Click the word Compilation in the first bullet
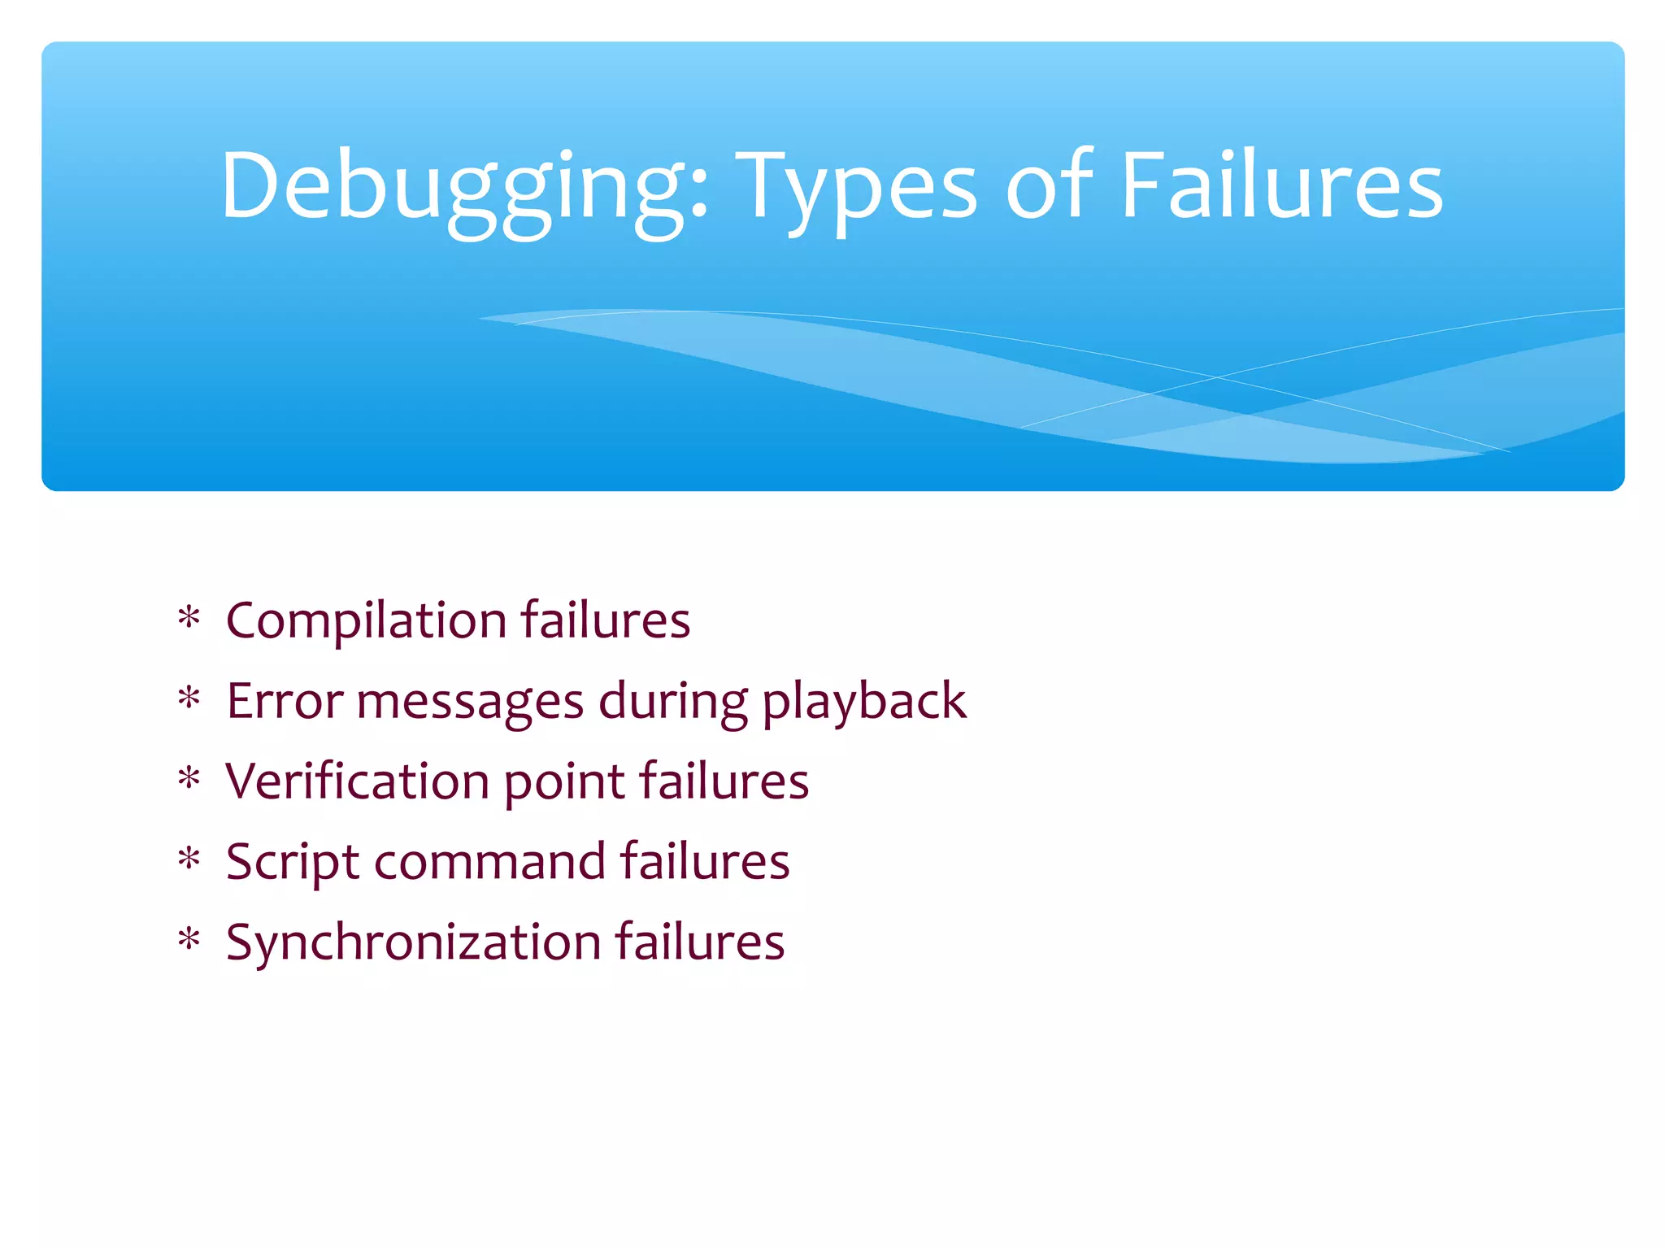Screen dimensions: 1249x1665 tap(367, 621)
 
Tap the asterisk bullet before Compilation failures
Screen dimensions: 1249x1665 tap(189, 619)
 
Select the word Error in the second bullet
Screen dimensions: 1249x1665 tap(284, 701)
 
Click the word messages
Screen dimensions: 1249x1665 tap(470, 703)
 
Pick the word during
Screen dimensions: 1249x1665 tap(672, 703)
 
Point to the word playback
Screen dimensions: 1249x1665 tap(864, 703)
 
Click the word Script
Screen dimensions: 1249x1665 tap(292, 863)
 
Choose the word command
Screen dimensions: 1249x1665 tap(490, 862)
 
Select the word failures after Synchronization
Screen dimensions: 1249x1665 tap(699, 942)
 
